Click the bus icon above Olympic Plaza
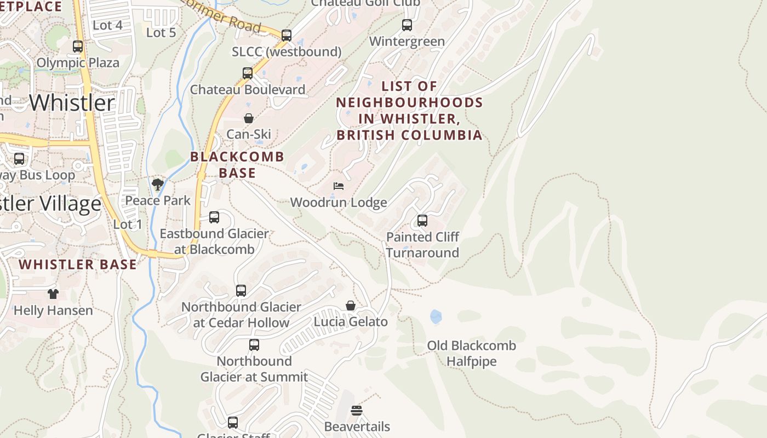tap(78, 47)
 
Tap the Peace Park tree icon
tap(158, 185)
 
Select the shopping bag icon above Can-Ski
tap(249, 118)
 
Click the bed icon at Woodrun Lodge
tap(339, 186)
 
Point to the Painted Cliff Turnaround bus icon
tap(422, 221)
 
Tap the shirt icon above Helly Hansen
tap(53, 294)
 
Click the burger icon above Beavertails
tap(357, 410)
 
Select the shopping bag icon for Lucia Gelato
tap(351, 306)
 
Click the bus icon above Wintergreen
tap(407, 25)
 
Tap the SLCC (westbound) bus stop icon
tap(287, 36)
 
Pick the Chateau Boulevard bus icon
tap(248, 73)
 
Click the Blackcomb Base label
tap(237, 165)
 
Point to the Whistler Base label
tap(78, 264)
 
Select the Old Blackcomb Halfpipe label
tap(471, 354)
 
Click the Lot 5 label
tap(161, 33)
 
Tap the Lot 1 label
tap(128, 224)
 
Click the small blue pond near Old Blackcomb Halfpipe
tap(436, 316)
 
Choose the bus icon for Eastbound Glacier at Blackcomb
tap(214, 217)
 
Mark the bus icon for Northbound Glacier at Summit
tap(254, 345)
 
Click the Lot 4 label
tap(107, 25)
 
